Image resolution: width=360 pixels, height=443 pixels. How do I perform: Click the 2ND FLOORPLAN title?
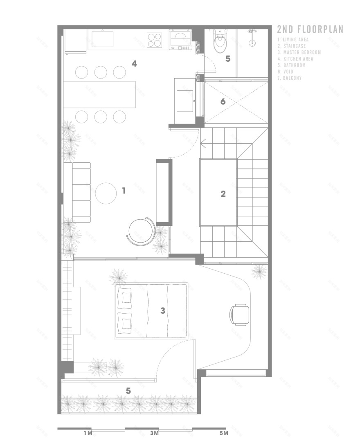click(x=310, y=29)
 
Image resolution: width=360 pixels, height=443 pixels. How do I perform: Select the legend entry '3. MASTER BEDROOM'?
click(x=299, y=52)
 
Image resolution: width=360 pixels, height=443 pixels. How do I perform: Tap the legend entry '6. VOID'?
click(x=288, y=71)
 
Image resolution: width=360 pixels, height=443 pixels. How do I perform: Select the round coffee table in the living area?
click(x=106, y=193)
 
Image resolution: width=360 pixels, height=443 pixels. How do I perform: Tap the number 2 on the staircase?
click(x=223, y=194)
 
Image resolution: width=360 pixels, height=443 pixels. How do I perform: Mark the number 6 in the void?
click(x=223, y=101)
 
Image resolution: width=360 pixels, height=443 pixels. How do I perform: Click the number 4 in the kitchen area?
click(x=134, y=63)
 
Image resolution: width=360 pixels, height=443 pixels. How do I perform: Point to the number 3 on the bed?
click(x=162, y=311)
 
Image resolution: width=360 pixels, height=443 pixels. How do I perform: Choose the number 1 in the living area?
click(x=124, y=190)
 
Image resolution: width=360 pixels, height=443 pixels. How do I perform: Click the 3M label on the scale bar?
click(x=154, y=433)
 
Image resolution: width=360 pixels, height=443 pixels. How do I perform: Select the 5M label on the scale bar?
click(x=223, y=433)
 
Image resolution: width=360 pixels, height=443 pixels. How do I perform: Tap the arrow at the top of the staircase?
click(x=203, y=144)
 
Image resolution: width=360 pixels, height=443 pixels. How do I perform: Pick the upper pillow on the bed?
click(x=124, y=297)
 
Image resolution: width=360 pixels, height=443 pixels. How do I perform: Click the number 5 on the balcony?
click(x=128, y=391)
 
